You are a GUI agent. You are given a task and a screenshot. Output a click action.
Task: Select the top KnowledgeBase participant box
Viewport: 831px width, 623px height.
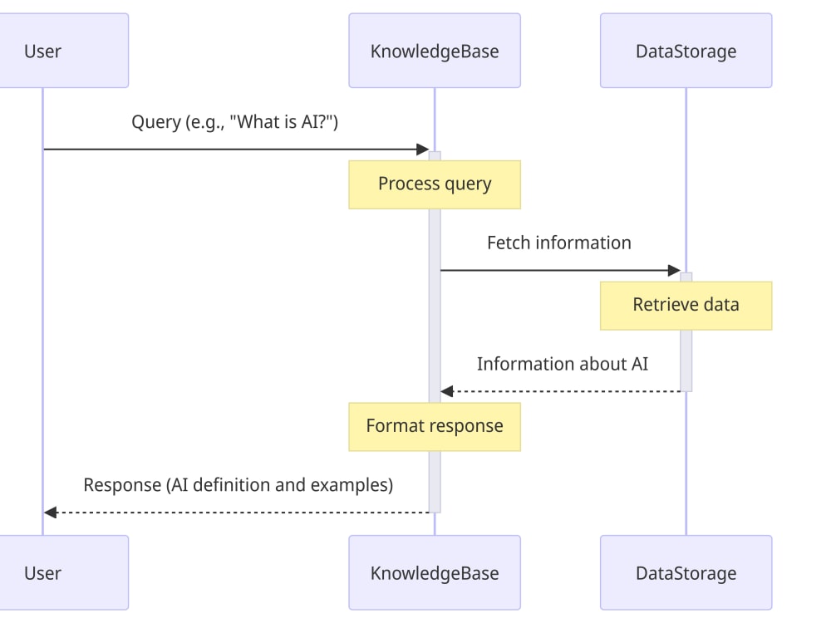point(435,51)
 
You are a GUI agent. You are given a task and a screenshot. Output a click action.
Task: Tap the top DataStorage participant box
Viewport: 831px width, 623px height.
point(686,51)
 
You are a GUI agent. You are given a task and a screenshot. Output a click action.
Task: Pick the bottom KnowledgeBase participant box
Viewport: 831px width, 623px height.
point(435,572)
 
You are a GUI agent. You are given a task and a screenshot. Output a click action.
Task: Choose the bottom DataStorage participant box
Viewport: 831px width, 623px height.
point(686,572)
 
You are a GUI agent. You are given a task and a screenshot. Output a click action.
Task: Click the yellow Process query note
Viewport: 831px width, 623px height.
point(435,184)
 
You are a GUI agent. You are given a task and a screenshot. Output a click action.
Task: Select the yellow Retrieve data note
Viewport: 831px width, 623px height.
point(686,305)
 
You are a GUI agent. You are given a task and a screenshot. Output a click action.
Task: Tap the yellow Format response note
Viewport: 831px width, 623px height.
point(435,426)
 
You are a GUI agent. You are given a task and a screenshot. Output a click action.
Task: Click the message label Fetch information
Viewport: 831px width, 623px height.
point(558,243)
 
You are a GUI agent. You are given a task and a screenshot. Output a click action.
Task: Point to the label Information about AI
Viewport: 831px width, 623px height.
point(562,364)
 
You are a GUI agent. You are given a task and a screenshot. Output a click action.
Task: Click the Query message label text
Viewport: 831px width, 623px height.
point(235,122)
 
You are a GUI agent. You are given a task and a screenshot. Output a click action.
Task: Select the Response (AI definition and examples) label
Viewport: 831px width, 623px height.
point(238,484)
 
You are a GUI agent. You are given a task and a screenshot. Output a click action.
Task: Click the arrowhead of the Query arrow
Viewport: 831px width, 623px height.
point(422,150)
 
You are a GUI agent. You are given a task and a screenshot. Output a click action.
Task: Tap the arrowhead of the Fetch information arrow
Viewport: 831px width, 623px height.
point(674,270)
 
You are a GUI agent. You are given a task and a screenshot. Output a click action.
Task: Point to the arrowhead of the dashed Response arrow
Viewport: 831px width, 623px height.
point(50,513)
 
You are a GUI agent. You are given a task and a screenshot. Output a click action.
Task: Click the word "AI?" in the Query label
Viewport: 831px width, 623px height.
point(317,122)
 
